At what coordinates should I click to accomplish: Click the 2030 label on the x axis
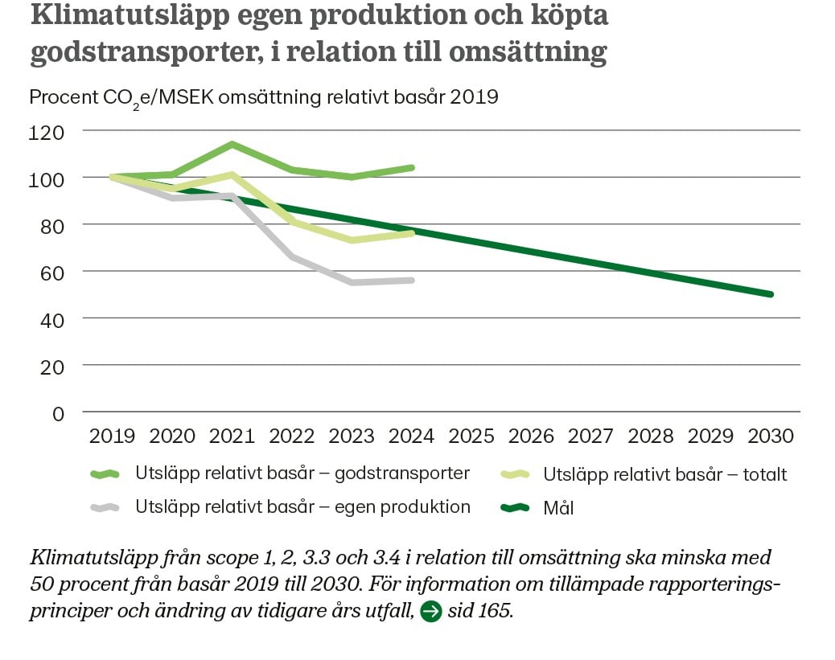pyautogui.click(x=771, y=437)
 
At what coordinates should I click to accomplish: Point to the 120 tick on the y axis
pyautogui.click(x=46, y=130)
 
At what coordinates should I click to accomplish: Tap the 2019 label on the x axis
pyautogui.click(x=112, y=437)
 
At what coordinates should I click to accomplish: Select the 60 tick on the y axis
pyautogui.click(x=50, y=272)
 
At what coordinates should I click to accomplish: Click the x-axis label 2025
pyautogui.click(x=471, y=437)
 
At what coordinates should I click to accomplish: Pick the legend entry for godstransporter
pyautogui.click(x=302, y=473)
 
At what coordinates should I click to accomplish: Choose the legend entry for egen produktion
pyautogui.click(x=302, y=507)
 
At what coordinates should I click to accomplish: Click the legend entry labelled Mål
pyautogui.click(x=559, y=507)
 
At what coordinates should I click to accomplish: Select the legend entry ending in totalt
pyautogui.click(x=665, y=474)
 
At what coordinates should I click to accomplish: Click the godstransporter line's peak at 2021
pyautogui.click(x=232, y=145)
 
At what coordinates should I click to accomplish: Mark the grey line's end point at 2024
pyautogui.click(x=412, y=280)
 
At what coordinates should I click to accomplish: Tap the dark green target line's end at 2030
pyautogui.click(x=770, y=294)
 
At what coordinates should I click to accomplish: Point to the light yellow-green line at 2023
pyautogui.click(x=352, y=240)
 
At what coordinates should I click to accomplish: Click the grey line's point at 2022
pyautogui.click(x=291, y=256)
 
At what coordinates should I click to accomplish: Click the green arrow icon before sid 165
pyautogui.click(x=431, y=612)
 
